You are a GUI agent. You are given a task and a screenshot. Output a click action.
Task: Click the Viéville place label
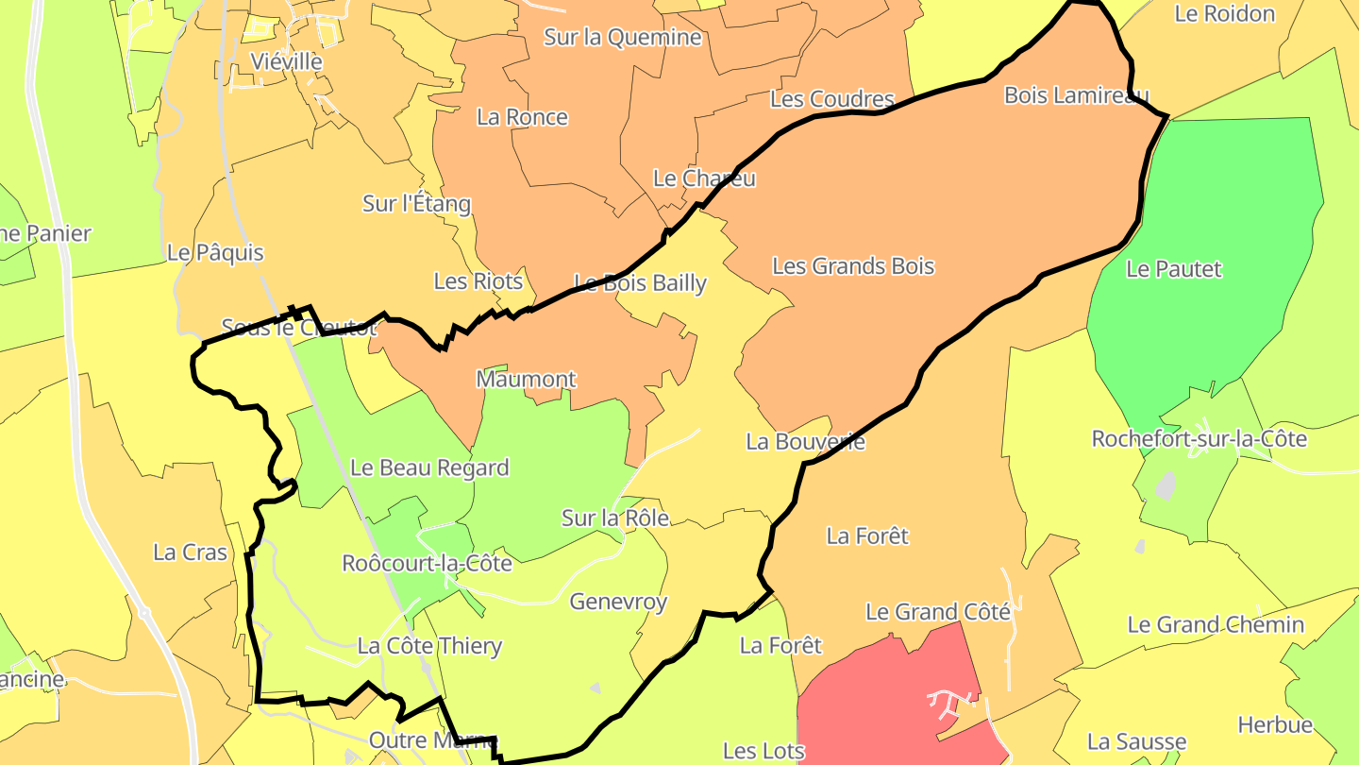pyautogui.click(x=286, y=61)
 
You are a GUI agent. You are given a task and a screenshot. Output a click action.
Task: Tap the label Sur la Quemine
pyautogui.click(x=623, y=37)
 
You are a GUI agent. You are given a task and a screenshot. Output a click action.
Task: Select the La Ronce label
pyautogui.click(x=522, y=117)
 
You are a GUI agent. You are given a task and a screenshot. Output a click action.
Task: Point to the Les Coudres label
pyautogui.click(x=831, y=99)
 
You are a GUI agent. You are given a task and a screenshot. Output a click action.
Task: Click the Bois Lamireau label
pyautogui.click(x=1076, y=95)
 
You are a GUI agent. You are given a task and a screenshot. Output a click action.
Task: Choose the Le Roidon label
pyautogui.click(x=1224, y=14)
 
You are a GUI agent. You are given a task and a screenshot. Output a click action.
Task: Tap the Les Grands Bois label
pyautogui.click(x=853, y=266)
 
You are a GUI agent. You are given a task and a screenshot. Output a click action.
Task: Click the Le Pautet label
pyautogui.click(x=1173, y=269)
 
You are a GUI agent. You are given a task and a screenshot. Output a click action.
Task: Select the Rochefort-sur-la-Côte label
pyautogui.click(x=1199, y=439)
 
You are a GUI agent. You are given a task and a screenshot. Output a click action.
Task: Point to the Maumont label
pyautogui.click(x=526, y=380)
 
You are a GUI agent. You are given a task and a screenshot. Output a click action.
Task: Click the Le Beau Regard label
pyautogui.click(x=429, y=467)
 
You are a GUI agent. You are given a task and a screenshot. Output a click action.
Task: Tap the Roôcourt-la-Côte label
pyautogui.click(x=427, y=564)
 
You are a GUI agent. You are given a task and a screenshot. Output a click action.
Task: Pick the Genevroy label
pyautogui.click(x=618, y=602)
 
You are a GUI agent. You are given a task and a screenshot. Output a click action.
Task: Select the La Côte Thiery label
pyautogui.click(x=429, y=647)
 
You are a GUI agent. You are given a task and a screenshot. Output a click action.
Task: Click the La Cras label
pyautogui.click(x=190, y=552)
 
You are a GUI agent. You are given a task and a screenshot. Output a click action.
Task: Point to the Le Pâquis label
pyautogui.click(x=214, y=253)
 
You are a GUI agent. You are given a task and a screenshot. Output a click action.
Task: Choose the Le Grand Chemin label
pyautogui.click(x=1216, y=624)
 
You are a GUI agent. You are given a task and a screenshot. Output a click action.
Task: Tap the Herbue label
pyautogui.click(x=1275, y=724)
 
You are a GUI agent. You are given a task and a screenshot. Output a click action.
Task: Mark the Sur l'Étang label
pyautogui.click(x=416, y=203)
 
